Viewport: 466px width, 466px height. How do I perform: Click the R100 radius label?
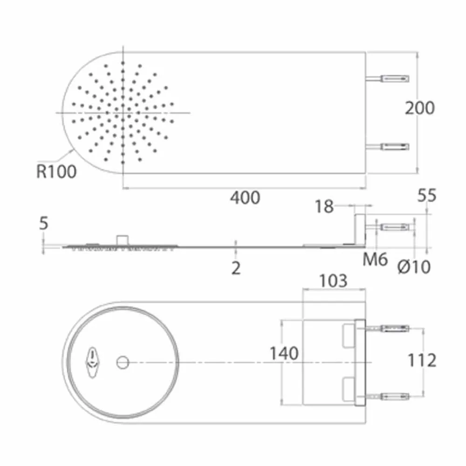pos(56,171)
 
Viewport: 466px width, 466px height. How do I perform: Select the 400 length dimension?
pos(245,198)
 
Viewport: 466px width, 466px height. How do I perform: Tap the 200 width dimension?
pos(419,108)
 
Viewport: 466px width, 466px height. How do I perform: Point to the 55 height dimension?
pos(426,196)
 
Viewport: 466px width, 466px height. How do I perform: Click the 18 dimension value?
pos(324,206)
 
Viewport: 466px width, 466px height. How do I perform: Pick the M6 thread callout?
pos(375,260)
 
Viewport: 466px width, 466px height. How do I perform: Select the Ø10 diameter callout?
pos(414,267)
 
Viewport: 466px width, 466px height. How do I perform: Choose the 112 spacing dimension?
pos(422,360)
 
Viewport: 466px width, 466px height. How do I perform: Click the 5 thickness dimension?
pos(43,224)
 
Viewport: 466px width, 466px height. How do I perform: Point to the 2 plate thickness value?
pos(236,268)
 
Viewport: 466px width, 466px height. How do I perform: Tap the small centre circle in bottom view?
pos(123,362)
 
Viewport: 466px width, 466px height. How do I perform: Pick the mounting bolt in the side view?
pos(396,227)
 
